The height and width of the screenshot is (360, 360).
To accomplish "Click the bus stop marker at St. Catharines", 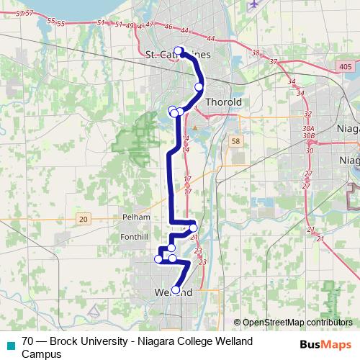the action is pyautogui.click(x=179, y=50).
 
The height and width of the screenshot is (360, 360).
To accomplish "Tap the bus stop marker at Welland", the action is pyautogui.click(x=176, y=290).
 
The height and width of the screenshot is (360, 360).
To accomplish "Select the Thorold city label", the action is pyautogui.click(x=223, y=102).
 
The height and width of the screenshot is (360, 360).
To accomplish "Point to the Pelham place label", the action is pyautogui.click(x=136, y=216).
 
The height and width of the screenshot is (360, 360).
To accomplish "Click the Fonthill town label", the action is pyautogui.click(x=135, y=235).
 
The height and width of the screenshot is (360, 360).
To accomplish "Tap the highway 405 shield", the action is pyautogui.click(x=345, y=66).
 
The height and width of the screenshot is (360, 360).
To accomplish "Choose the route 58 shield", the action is pyautogui.click(x=235, y=142).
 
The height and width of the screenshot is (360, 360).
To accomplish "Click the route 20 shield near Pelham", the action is pyautogui.click(x=84, y=218).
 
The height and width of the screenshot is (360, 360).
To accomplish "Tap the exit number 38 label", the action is pyautogui.click(x=255, y=53).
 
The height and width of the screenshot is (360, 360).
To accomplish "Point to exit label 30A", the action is pyautogui.click(x=308, y=127).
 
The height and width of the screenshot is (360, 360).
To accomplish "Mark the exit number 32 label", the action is pyautogui.click(x=307, y=114).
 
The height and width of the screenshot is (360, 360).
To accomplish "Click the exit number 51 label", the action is pyautogui.click(x=99, y=23).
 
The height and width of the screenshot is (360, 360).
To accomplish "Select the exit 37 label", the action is pyautogui.click(x=273, y=61).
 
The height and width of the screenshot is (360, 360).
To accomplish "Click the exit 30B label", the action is pyautogui.click(x=308, y=135).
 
